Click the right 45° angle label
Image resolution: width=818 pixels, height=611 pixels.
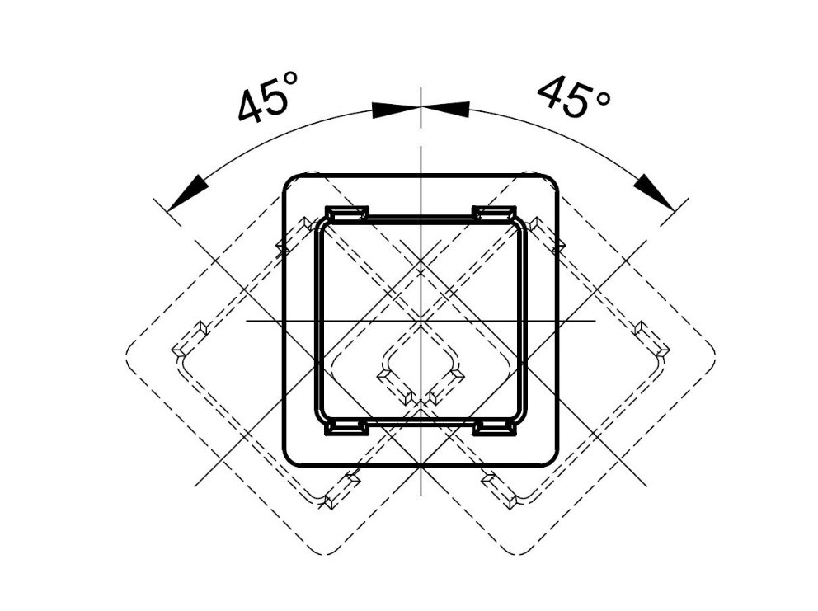[x=574, y=96]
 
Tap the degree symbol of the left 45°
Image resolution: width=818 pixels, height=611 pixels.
[x=290, y=79]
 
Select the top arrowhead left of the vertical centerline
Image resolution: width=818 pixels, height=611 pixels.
[x=396, y=110]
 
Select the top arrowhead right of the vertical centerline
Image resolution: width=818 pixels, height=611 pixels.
[x=445, y=109]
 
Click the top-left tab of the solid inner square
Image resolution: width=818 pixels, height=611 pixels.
[x=347, y=213]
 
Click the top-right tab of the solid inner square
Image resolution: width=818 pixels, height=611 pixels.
[x=494, y=213]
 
